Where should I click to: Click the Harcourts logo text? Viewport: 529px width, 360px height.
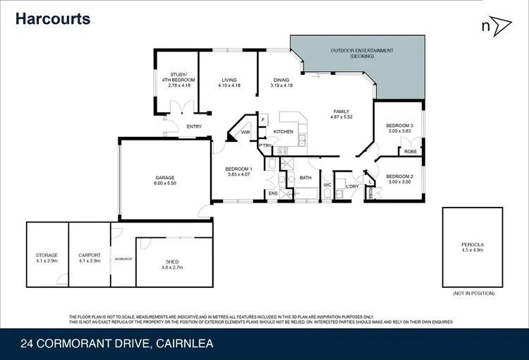click(54, 18)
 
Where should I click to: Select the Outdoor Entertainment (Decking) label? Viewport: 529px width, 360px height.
click(362, 53)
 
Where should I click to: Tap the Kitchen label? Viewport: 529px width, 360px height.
click(283, 132)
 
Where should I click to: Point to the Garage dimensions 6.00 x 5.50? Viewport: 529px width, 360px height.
click(165, 184)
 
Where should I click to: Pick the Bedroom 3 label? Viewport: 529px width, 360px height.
click(399, 126)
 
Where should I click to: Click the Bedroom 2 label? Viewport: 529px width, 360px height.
click(399, 176)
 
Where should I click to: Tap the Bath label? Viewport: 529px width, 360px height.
click(305, 178)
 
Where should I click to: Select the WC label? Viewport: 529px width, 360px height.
click(327, 186)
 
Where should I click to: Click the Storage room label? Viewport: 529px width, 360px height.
click(47, 255)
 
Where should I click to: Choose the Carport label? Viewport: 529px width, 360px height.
click(90, 255)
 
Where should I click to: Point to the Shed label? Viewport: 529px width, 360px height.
click(173, 262)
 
